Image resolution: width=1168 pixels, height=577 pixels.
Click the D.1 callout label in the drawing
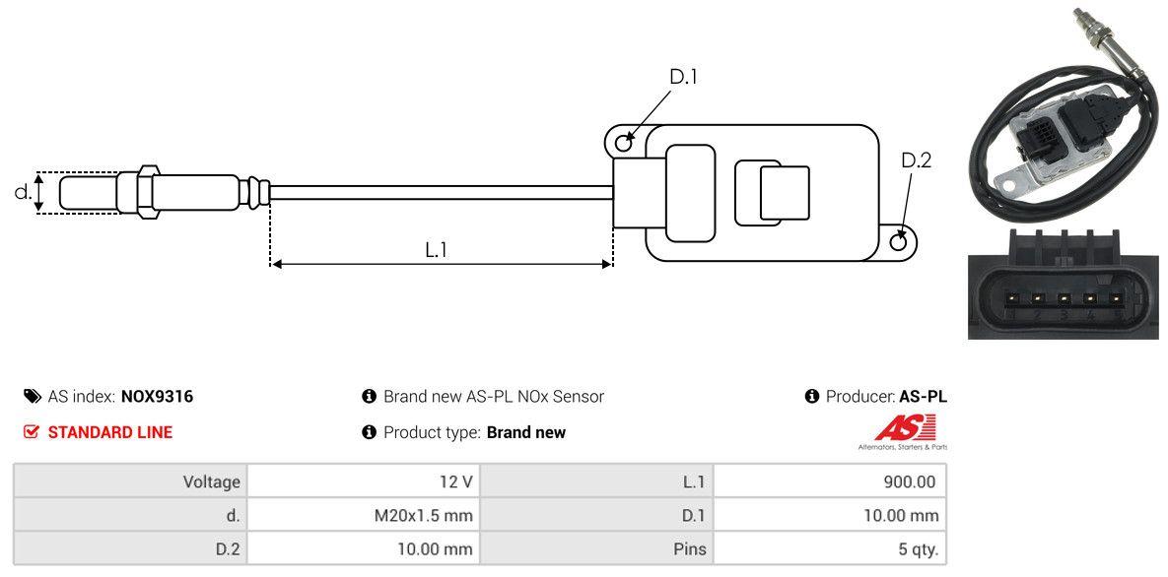(x=683, y=76)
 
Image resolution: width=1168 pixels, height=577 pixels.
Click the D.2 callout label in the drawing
(x=916, y=160)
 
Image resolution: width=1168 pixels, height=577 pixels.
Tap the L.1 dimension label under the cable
(x=437, y=250)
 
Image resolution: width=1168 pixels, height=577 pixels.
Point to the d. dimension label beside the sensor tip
(x=23, y=192)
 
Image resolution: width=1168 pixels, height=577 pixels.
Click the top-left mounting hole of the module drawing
(x=623, y=143)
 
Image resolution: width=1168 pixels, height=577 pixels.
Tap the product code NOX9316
(x=157, y=397)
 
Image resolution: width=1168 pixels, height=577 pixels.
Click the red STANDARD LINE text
(x=109, y=432)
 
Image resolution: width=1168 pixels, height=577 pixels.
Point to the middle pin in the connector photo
(x=1064, y=299)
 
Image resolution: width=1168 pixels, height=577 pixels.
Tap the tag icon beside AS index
(x=32, y=397)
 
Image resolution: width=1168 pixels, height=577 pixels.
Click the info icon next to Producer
(x=812, y=397)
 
